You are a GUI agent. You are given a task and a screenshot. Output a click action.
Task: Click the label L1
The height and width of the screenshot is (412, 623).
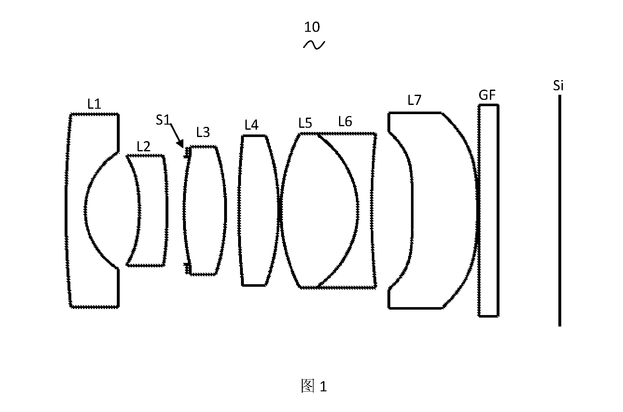point(94,104)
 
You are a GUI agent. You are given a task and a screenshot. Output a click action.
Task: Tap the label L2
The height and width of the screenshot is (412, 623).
point(144,147)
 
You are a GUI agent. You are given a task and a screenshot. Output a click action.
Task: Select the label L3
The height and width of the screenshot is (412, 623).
point(203,132)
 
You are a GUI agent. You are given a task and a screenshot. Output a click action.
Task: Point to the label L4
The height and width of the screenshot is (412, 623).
point(251,125)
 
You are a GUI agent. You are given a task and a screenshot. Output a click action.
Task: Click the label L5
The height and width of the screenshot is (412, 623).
point(305,123)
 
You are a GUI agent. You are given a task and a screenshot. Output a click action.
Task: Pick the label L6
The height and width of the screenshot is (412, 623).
point(345,121)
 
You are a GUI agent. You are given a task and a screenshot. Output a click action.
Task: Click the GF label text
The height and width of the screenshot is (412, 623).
point(487,95)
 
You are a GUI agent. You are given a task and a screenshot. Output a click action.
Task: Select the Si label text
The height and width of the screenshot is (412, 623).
point(558,86)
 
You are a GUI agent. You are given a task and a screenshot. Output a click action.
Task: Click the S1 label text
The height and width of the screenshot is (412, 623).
point(163,120)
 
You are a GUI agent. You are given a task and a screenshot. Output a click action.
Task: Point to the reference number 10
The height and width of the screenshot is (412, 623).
point(312,27)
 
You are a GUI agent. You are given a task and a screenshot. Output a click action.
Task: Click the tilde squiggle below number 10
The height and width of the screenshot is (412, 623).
point(314,45)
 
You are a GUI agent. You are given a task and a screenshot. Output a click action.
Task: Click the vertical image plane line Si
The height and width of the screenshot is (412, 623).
point(560,210)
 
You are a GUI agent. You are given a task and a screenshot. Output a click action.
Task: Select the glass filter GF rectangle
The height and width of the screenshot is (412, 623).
point(489,210)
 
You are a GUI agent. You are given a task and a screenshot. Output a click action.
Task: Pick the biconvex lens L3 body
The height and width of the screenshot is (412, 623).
point(205,210)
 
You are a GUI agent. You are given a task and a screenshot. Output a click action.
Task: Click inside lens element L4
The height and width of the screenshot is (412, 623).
point(258,210)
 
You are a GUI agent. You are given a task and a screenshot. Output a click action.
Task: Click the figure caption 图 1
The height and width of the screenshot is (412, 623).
point(314,386)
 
